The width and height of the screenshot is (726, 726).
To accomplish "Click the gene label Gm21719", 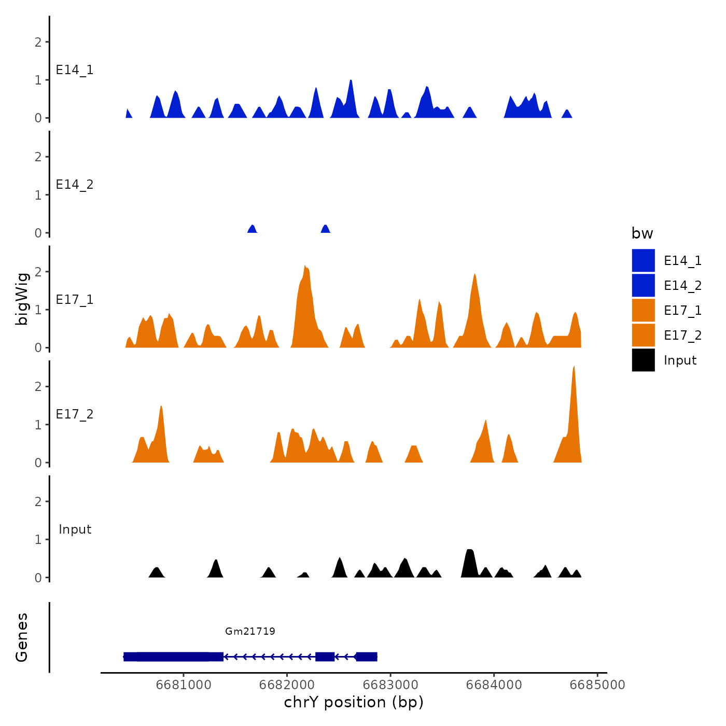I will tap(250, 631).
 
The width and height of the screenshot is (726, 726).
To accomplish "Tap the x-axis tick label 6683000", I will tap(390, 685).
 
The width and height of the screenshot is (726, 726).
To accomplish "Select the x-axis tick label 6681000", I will tap(184, 685).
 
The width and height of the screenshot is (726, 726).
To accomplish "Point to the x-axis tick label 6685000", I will tap(597, 685).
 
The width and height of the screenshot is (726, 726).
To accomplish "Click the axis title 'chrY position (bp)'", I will tap(354, 702).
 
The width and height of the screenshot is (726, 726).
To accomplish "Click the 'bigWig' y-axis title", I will tap(22, 299).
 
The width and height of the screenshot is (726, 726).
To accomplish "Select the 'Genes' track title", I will tap(22, 637).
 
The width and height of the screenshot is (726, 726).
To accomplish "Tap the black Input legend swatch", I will tap(643, 360).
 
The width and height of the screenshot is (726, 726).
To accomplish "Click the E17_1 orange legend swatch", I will tap(643, 311).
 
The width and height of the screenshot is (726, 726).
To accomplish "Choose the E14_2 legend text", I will tap(682, 286).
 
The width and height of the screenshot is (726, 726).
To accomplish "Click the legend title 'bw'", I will tap(642, 233).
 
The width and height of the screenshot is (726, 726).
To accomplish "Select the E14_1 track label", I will tap(75, 70).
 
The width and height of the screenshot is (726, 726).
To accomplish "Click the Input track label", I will tap(75, 529).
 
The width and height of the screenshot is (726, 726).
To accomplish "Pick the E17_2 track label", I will tap(75, 414).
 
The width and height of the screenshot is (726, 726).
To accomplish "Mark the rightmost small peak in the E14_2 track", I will tap(326, 228).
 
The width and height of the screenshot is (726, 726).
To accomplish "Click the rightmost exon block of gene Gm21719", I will tap(367, 657).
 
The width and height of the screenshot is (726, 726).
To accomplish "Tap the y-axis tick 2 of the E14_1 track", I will tap(38, 42).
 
